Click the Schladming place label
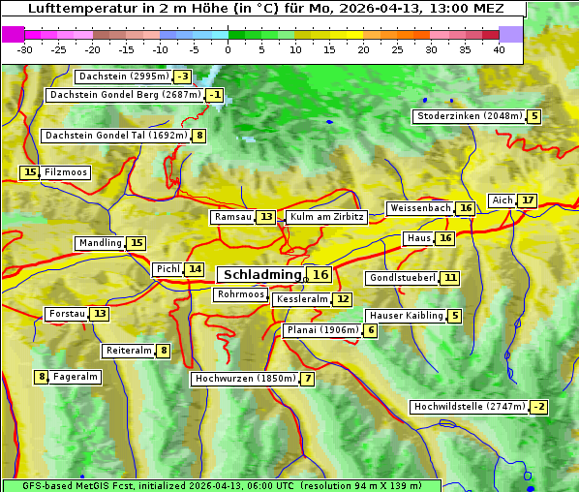tap(262, 275)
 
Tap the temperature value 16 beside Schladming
tap(320, 275)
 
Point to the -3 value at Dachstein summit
tap(183, 77)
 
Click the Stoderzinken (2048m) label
tap(469, 116)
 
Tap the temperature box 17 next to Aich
tap(527, 200)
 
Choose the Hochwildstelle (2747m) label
tap(469, 407)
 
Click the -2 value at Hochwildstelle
tap(538, 407)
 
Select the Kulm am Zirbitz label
tap(326, 217)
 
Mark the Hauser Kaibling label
tap(406, 316)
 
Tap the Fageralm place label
tap(75, 377)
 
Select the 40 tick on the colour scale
tap(499, 49)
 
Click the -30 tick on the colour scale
tap(25, 49)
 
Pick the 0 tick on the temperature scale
tap(229, 49)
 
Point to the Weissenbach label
tap(419, 208)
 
